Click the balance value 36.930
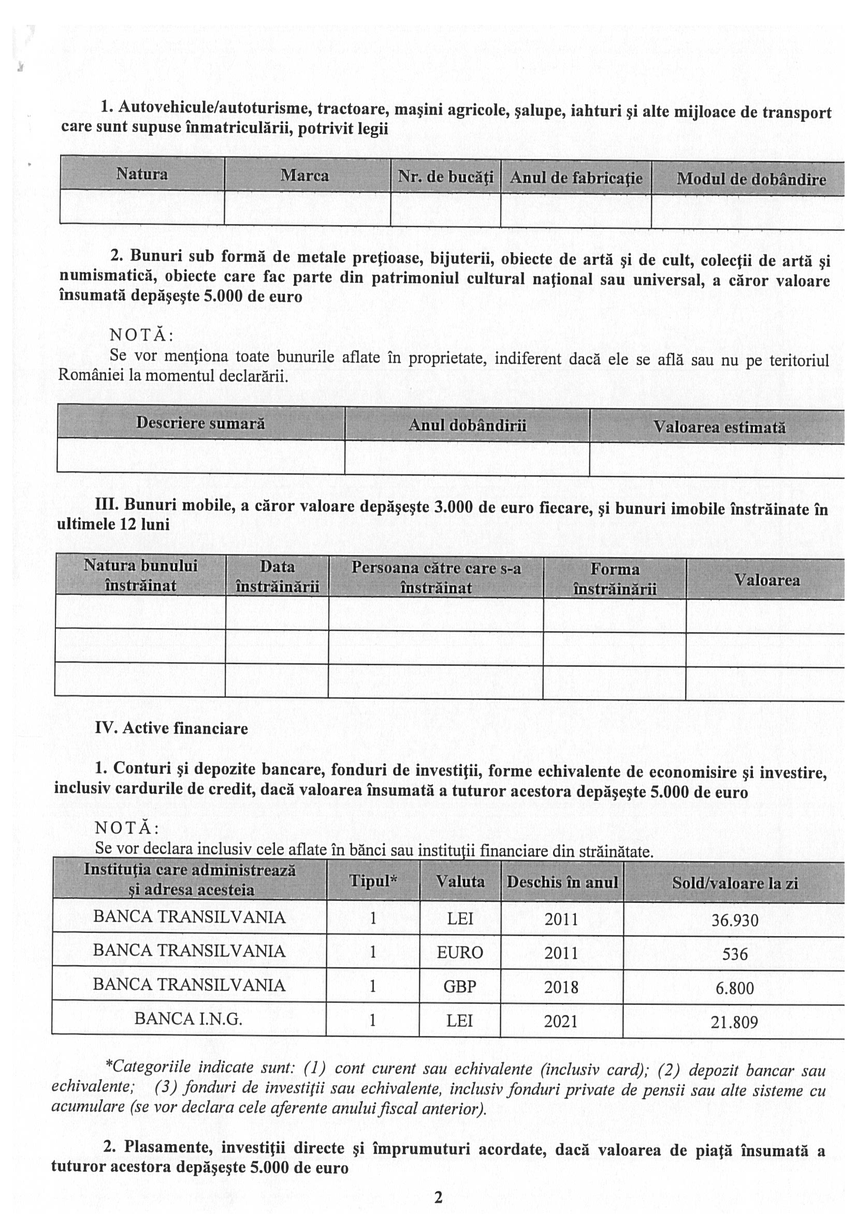[734, 920]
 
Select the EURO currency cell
[460, 953]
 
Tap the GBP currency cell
[460, 986]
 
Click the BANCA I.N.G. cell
[188, 1019]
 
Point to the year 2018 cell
[561, 987]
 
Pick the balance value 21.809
[734, 1022]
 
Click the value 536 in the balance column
[734, 954]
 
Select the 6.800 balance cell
[735, 988]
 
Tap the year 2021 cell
[561, 1021]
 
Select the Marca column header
[305, 176]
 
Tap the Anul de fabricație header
[576, 178]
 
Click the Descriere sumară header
[200, 423]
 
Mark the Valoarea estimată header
[719, 427]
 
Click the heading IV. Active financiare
[171, 728]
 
